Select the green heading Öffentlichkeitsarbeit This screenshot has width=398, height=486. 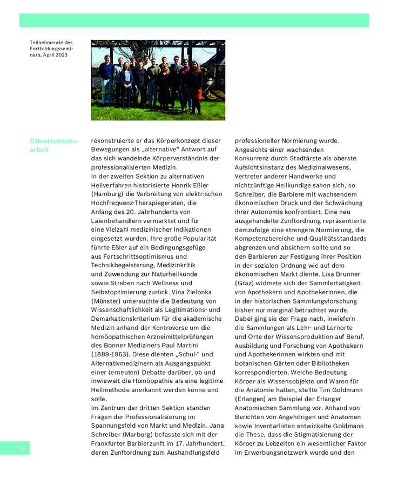pyautogui.click(x=54, y=145)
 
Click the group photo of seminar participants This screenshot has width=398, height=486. pyautogui.click(x=158, y=80)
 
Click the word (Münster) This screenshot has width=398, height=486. pyautogui.click(x=107, y=301)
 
